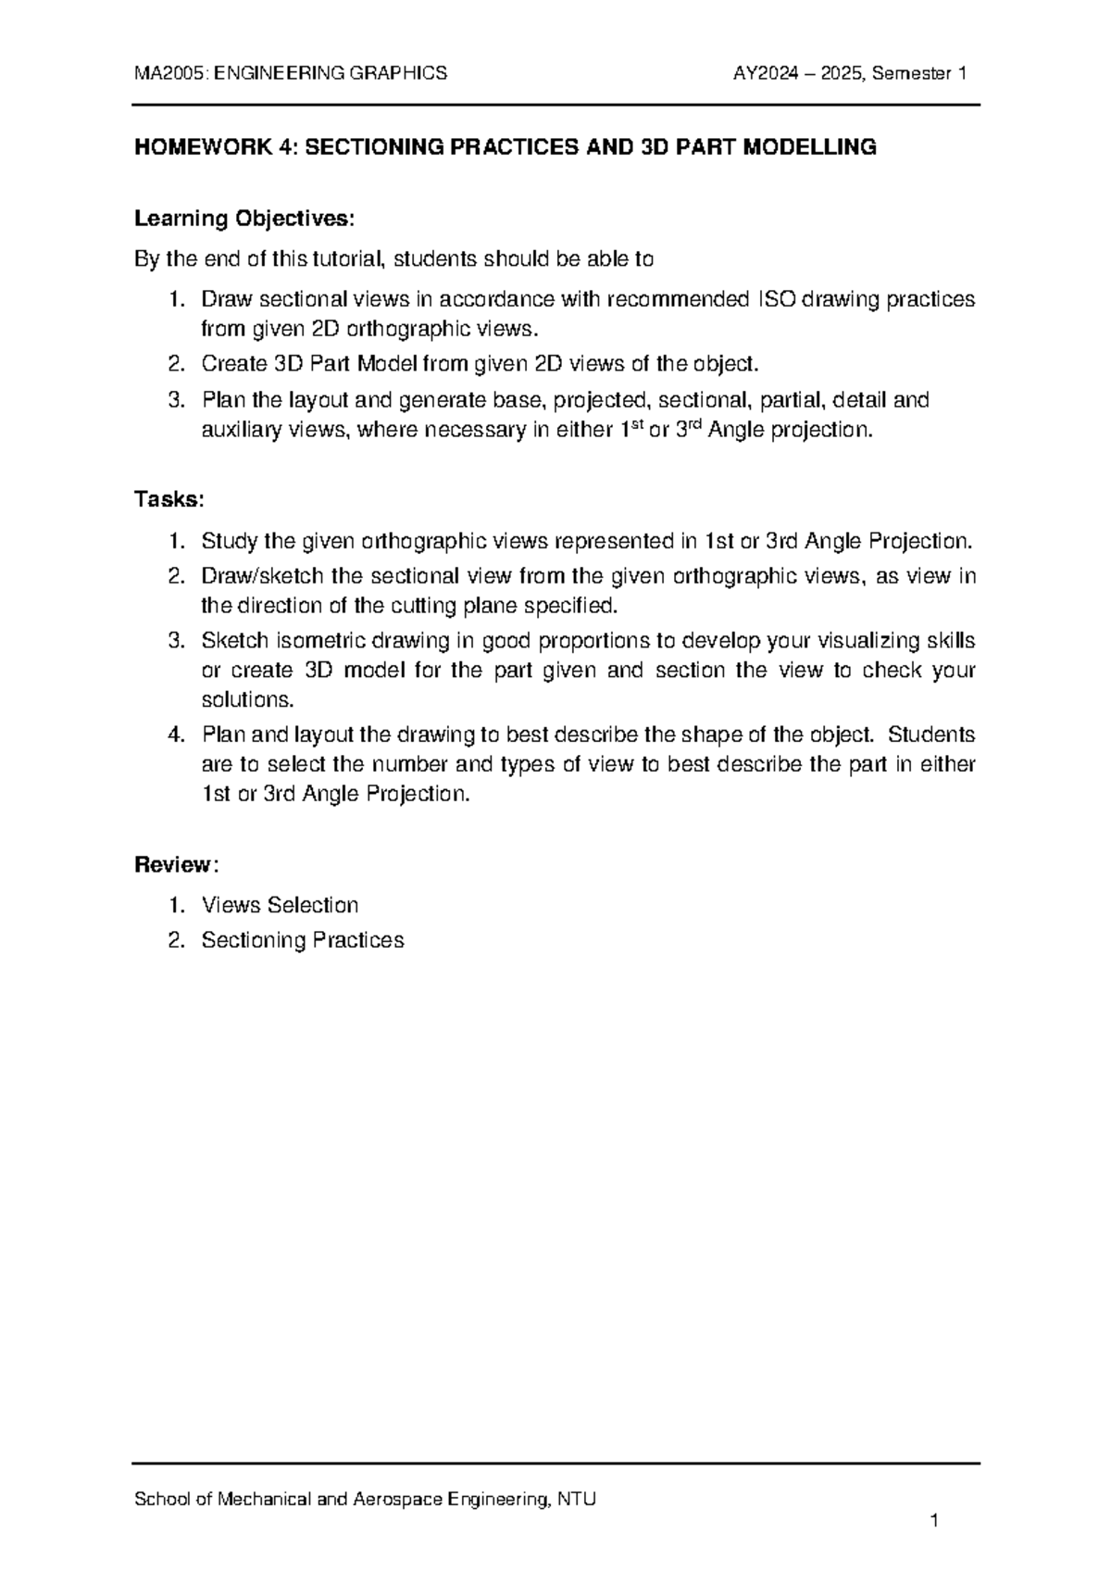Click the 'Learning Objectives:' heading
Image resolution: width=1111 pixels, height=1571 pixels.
click(x=244, y=219)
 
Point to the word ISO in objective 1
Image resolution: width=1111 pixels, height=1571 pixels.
click(x=775, y=300)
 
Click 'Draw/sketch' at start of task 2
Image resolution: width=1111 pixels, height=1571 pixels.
click(x=262, y=576)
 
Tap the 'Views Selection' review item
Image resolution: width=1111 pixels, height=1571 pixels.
click(x=280, y=905)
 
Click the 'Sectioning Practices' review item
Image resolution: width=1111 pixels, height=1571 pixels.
click(x=303, y=940)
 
